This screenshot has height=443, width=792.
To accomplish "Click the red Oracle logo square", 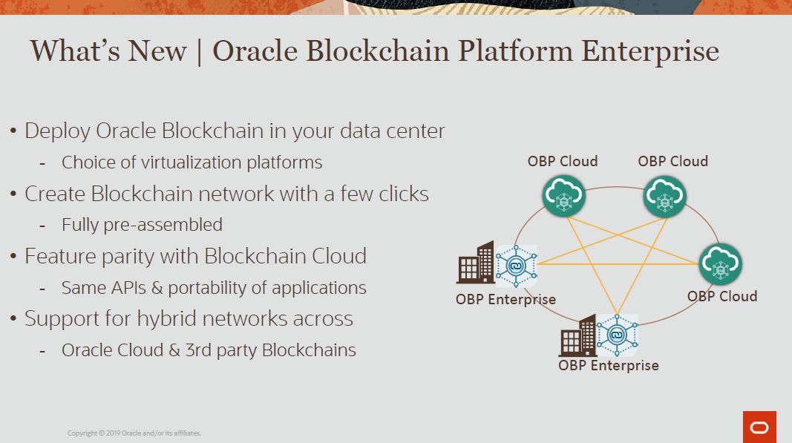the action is [759, 427].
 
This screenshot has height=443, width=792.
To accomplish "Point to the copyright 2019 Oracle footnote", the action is [134, 433].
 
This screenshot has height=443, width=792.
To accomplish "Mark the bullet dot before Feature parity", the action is [13, 257].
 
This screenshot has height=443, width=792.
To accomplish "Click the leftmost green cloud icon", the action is [563, 196].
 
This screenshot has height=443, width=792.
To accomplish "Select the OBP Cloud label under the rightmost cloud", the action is [721, 296].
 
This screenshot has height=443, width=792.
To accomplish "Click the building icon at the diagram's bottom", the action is [577, 336].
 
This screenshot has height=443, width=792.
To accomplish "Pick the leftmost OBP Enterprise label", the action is [505, 300].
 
